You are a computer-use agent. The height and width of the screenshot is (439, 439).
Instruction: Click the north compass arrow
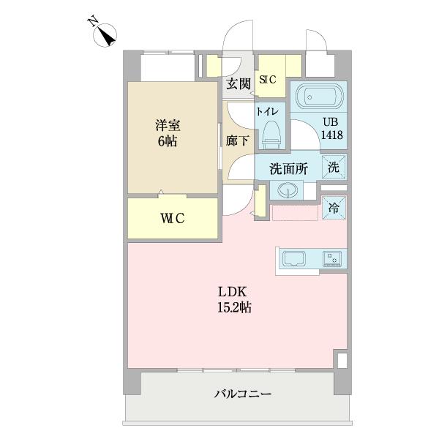tap(106, 34)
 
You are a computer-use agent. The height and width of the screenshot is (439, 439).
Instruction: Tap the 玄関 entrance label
tap(239, 83)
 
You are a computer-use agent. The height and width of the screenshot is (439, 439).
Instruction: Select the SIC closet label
tap(267, 80)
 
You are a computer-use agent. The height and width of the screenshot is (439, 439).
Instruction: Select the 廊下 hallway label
tap(236, 139)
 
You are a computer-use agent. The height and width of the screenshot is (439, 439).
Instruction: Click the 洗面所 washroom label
tap(288, 168)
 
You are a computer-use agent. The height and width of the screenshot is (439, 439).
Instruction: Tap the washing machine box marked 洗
tap(334, 166)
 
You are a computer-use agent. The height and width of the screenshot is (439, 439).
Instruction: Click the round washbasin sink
tap(286, 192)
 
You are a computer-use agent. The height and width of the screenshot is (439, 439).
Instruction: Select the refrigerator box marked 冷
tap(334, 207)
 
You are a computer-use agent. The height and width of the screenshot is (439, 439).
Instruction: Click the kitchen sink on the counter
tap(294, 258)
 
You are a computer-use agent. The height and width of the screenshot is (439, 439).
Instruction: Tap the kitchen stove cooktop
tap(334, 258)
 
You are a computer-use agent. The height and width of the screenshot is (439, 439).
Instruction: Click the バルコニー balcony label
tap(243, 394)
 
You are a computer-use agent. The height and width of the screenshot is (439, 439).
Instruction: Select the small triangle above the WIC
tap(161, 194)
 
